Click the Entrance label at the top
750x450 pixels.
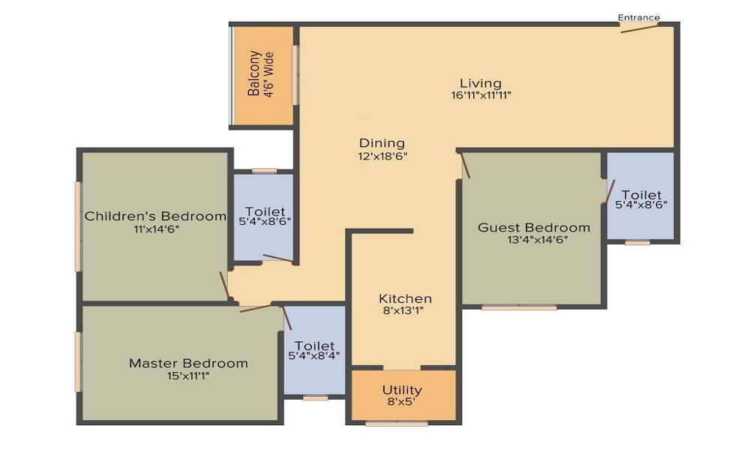pos(639,17)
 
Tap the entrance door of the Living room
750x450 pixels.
pos(639,28)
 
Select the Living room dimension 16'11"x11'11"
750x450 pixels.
pos(481,95)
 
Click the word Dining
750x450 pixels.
pos(382,143)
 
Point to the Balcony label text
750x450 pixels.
pos(254,73)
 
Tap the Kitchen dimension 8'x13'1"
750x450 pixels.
pos(405,311)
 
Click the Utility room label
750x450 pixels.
pos(402,390)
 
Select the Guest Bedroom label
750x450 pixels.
pos(534,227)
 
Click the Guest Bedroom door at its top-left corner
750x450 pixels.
pos(465,165)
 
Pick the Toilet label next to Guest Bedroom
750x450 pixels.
pos(641,195)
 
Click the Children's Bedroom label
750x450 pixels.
pos(155,216)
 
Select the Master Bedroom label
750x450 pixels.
pos(188,363)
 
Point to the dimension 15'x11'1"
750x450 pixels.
pos(188,376)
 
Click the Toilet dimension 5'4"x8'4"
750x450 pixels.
pos(314,355)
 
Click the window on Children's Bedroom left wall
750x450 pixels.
pos(77,225)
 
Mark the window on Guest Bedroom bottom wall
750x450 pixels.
pos(519,307)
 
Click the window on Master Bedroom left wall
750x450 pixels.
pos(77,361)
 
